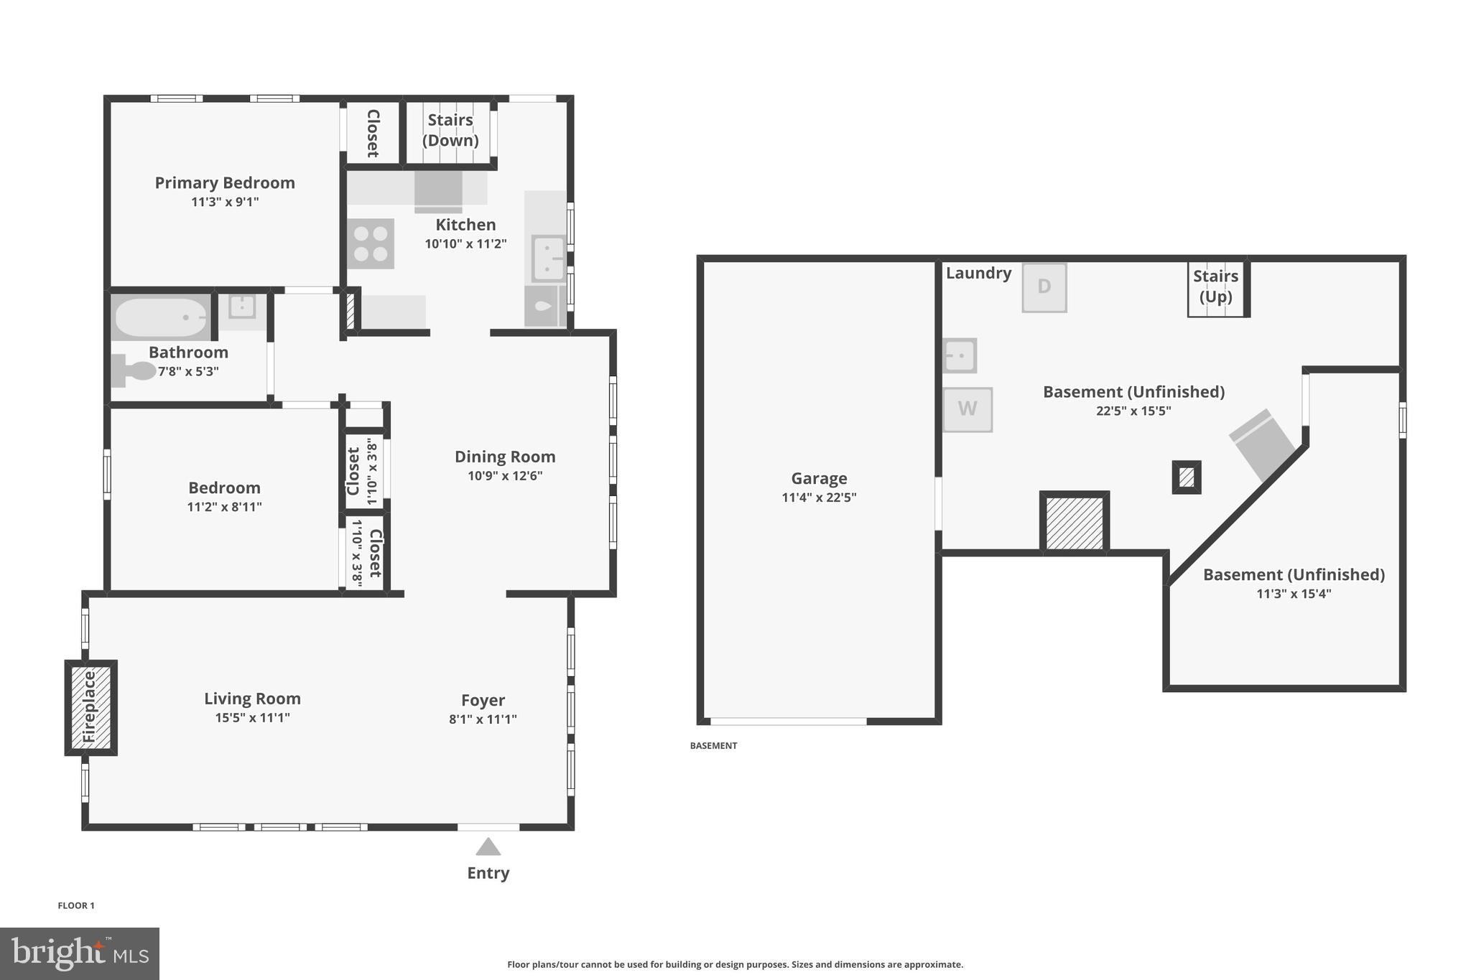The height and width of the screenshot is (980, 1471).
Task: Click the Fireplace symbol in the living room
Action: [x=91, y=707]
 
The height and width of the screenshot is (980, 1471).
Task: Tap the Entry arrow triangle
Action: [x=488, y=847]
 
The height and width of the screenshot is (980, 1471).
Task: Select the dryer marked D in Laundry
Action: [x=1044, y=287]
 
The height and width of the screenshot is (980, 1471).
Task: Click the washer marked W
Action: [x=967, y=409]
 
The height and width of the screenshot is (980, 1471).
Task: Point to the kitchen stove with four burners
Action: [x=371, y=244]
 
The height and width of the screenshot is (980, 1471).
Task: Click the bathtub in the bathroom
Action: [x=161, y=317]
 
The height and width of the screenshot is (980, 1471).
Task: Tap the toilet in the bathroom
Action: [x=134, y=370]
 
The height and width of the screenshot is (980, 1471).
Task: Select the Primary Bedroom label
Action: [x=225, y=183]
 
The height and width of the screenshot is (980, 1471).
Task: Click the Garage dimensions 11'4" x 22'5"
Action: [x=819, y=498]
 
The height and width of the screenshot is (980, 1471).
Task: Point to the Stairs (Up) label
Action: [x=1215, y=286]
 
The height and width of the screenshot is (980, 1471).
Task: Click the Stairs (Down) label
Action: [x=450, y=130]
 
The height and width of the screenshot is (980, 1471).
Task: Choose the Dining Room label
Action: [x=505, y=457]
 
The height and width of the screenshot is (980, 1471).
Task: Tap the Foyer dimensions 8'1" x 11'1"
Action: [x=483, y=719]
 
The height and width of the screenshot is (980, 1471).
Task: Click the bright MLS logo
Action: [x=80, y=953]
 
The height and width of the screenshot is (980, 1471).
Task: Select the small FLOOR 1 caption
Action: [x=76, y=905]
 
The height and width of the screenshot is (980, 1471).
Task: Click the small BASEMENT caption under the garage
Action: [x=713, y=746]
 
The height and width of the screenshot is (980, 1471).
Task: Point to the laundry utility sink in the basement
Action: [x=960, y=355]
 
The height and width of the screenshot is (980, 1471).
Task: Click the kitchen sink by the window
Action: [x=548, y=258]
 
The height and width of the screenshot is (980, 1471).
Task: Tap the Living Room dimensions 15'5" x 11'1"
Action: [x=252, y=718]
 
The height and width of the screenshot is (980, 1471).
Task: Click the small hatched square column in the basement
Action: [x=1187, y=477]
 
